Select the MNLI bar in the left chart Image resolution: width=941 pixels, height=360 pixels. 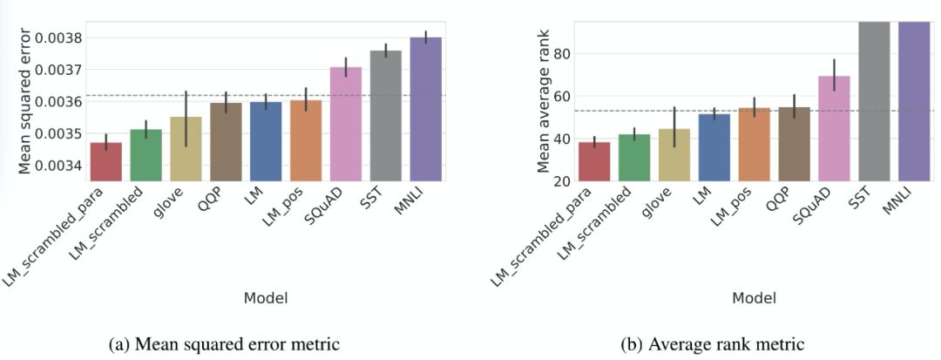click(426, 109)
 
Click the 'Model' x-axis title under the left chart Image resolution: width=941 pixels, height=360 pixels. click(266, 299)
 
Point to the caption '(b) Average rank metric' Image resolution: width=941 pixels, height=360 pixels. click(714, 345)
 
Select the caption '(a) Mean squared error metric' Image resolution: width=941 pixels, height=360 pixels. click(224, 345)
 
